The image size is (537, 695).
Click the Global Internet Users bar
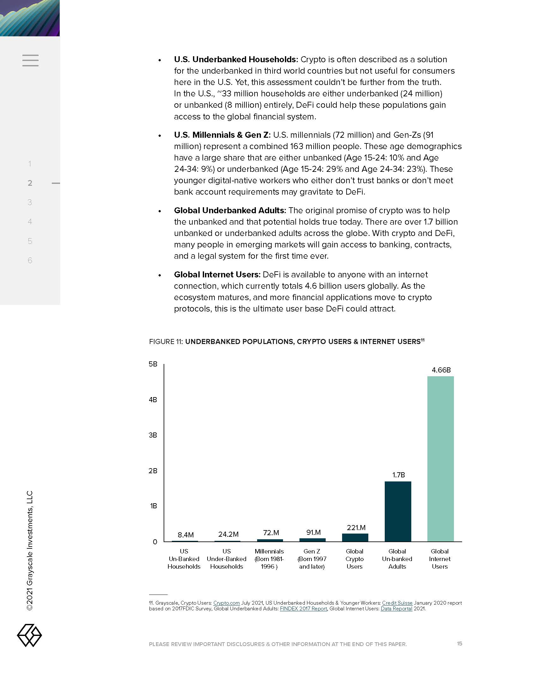point(440,459)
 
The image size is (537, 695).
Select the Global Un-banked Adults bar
point(398,511)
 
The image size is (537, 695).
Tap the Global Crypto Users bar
point(355,537)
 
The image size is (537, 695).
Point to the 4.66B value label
point(441,370)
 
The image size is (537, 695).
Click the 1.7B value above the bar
point(398,475)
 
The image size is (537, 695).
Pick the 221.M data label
point(356,528)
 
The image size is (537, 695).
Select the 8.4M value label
point(185,535)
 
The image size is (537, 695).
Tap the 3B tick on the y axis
point(153,435)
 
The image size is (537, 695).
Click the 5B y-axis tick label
point(153,364)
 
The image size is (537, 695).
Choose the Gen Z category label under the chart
point(312,559)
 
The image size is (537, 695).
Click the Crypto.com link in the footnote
point(226,603)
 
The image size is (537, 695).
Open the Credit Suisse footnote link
point(397,603)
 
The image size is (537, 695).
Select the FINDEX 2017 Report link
point(303,608)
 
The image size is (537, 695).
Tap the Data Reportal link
point(396,608)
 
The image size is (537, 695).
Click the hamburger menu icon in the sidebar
point(31,60)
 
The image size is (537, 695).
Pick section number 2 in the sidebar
point(30,183)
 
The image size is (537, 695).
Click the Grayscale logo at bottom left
point(29,635)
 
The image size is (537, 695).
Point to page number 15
point(459,644)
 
